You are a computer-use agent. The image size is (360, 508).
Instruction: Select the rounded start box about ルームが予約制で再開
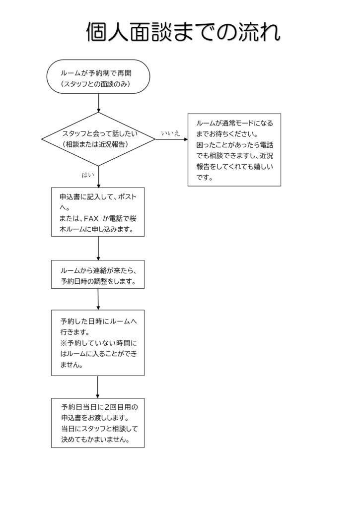[x=98, y=77]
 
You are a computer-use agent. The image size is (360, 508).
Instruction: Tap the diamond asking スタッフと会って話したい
[x=98, y=139]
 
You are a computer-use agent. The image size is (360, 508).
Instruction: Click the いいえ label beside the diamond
[x=170, y=133]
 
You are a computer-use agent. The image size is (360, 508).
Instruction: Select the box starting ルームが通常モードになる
[x=234, y=149]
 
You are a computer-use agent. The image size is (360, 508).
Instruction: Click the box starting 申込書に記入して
[x=98, y=211]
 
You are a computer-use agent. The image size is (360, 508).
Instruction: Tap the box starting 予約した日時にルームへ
[x=98, y=342]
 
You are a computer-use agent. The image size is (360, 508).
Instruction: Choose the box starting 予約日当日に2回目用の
[x=98, y=423]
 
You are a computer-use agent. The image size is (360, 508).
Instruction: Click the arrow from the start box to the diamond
[x=99, y=104]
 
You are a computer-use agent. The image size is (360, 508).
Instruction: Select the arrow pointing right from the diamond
[x=171, y=139]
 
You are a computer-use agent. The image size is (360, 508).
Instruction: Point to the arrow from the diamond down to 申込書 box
[x=99, y=176]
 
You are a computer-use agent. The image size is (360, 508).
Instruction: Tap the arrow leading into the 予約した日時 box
[x=98, y=300]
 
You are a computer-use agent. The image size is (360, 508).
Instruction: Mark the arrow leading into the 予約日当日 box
[x=97, y=387]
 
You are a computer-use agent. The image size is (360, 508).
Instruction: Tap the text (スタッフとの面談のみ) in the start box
[x=95, y=84]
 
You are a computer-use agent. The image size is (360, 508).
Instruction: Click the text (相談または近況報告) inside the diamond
[x=96, y=144]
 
